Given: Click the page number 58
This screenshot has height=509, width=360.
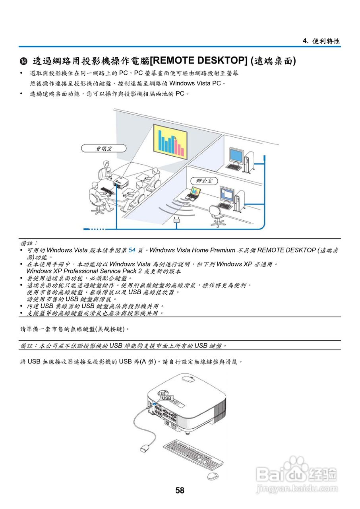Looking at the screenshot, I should click(180, 490).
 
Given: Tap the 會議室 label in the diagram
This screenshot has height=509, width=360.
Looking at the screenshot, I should click(104, 148).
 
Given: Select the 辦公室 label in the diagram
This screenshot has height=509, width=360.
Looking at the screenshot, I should click(204, 181).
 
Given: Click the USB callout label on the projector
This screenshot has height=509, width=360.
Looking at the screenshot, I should click(166, 398).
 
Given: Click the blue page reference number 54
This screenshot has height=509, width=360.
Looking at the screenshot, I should click(132, 250).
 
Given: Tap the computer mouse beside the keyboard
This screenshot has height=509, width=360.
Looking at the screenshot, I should click(213, 476).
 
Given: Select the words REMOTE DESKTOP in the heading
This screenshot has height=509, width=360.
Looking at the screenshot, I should click(198, 61).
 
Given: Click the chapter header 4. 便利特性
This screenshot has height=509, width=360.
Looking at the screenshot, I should click(321, 41).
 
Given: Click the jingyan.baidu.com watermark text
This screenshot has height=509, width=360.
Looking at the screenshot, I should click(297, 489).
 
